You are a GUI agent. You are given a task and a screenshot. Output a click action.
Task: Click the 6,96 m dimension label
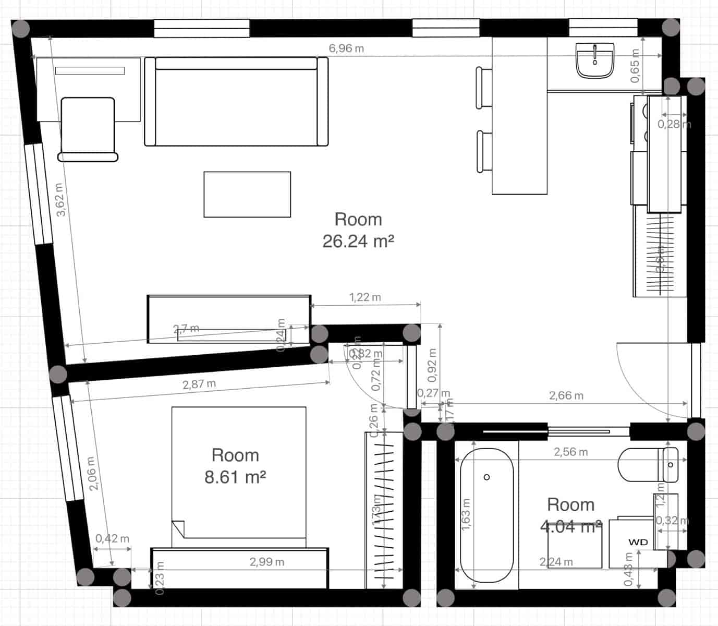tap(346, 49)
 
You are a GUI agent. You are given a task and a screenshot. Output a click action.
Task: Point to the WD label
tap(638, 542)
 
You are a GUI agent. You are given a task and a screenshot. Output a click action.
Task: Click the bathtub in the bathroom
tap(486, 515)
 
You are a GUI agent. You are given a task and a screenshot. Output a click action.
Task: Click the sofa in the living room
tap(236, 102)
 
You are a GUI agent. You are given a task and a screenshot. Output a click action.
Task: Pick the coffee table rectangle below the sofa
tap(247, 194)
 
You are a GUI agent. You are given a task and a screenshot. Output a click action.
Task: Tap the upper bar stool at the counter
tap(483, 87)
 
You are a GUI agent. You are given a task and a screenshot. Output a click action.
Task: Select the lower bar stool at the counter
tap(484, 152)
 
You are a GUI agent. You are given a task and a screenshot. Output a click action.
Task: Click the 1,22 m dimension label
tap(365, 297)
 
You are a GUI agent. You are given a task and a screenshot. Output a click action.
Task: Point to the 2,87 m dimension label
tap(199, 384)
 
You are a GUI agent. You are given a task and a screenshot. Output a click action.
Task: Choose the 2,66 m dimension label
tap(566, 395)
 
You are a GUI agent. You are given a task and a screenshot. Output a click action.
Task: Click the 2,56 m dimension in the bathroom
tap(570, 452)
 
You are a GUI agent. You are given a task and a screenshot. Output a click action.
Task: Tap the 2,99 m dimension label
tap(267, 562)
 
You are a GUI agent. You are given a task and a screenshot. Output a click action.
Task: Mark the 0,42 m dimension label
tap(112, 538)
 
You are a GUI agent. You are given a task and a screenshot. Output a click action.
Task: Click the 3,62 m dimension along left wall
tap(60, 200)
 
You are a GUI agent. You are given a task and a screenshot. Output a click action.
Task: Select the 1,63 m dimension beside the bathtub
tap(466, 514)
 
